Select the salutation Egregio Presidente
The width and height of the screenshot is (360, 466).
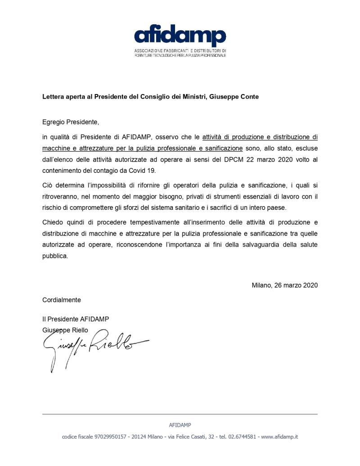[x=70, y=122]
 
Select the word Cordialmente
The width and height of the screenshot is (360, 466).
[x=62, y=299]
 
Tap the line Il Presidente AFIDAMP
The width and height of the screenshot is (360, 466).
[x=76, y=319]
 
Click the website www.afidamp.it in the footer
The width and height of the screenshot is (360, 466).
[x=279, y=437]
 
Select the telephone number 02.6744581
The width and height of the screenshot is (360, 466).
[x=242, y=437]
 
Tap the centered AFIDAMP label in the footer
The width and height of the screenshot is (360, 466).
[x=180, y=425]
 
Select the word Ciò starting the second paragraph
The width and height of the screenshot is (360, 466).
[x=47, y=185]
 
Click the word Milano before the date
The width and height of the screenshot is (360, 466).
[x=261, y=285]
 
